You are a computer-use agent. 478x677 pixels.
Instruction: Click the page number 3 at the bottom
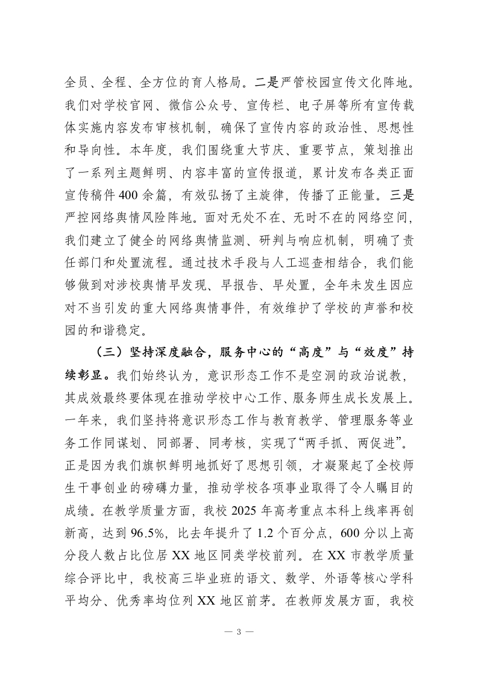pos(239,632)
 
